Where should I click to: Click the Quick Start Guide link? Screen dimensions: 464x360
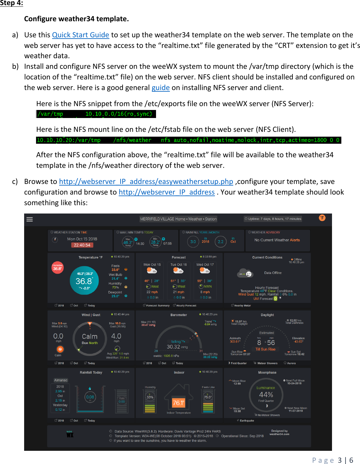click(x=80, y=35)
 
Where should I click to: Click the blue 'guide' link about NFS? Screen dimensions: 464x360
click(x=161, y=88)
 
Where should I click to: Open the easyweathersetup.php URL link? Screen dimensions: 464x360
click(x=146, y=182)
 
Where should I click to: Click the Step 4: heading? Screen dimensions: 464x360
click(x=12, y=3)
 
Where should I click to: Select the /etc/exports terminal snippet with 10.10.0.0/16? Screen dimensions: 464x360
click(x=96, y=114)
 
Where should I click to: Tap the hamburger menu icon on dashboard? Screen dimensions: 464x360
click(x=30, y=219)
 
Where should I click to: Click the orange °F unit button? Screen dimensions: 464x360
click(x=322, y=218)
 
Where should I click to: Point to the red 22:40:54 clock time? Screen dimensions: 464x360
click(x=82, y=245)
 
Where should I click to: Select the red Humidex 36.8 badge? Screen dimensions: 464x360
click(x=58, y=268)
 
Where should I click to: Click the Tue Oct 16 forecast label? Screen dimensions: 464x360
click(x=179, y=265)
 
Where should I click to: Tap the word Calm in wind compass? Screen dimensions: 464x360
click(x=89, y=336)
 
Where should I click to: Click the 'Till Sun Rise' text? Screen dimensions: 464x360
click(x=265, y=349)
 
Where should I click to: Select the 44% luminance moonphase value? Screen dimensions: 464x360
click(x=266, y=395)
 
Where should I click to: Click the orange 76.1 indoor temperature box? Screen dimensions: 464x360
click(x=179, y=403)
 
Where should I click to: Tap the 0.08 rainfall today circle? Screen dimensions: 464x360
click(x=90, y=397)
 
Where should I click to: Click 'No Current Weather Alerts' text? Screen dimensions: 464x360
click(x=277, y=240)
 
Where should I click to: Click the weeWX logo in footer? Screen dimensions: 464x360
click(x=70, y=434)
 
